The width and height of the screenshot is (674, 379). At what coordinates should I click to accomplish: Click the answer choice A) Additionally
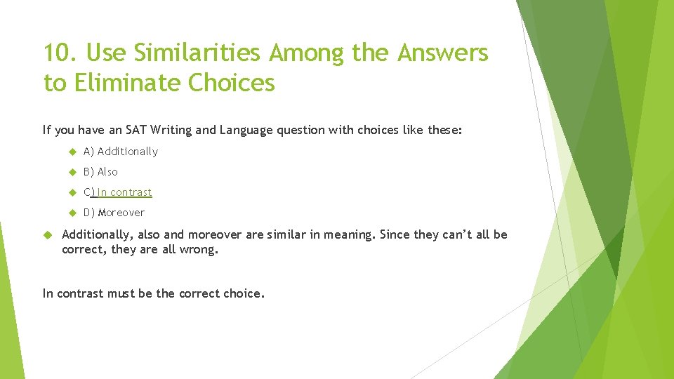coord(120,152)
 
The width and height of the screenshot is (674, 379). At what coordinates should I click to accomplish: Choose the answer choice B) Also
coord(100,172)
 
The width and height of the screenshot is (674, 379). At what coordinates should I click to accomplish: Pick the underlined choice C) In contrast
coord(117,192)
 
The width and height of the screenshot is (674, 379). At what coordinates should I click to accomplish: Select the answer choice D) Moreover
coord(114,213)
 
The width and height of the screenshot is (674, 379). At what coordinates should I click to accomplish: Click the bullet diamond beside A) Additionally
coord(72,152)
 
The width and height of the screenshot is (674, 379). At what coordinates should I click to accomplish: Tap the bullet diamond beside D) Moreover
coord(72,213)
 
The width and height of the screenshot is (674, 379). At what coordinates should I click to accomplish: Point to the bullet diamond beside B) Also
coord(72,172)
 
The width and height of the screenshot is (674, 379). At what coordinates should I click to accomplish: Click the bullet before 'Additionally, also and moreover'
coord(48,234)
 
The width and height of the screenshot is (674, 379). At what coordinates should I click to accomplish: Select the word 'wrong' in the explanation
coord(201,249)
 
